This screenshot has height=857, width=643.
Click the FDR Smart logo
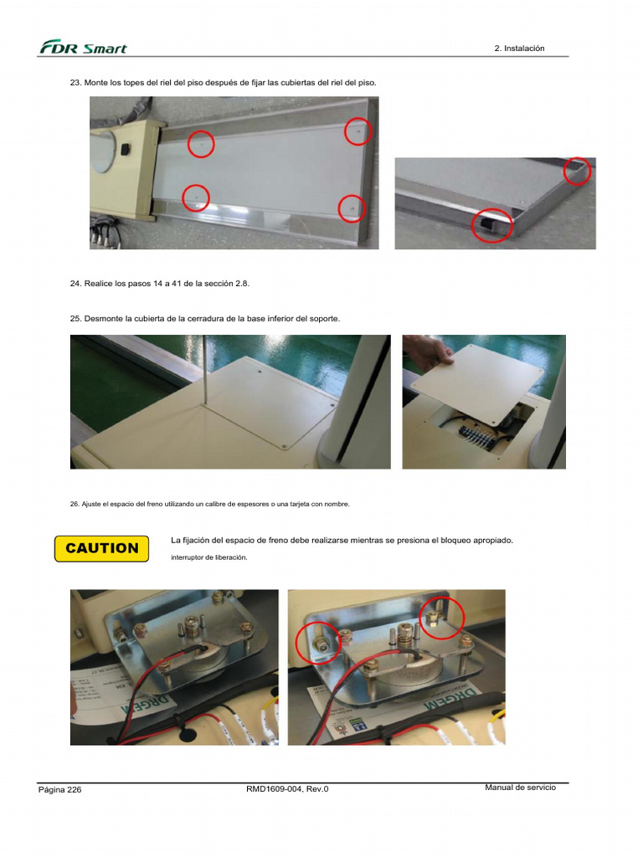click(83, 48)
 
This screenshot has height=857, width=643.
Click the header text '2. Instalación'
click(519, 49)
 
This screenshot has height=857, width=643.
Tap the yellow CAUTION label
click(101, 548)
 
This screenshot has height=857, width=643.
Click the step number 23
click(75, 84)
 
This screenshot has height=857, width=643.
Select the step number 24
click(75, 284)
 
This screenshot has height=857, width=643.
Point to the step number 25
click(75, 319)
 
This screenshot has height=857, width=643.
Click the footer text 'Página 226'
click(59, 790)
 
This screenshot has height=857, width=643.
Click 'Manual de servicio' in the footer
click(520, 788)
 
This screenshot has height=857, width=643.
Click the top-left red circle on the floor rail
click(201, 144)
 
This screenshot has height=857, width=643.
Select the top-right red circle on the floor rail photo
click(358, 131)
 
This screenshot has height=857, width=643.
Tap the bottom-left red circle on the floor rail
click(196, 198)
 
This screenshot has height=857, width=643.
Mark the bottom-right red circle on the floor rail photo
click(352, 208)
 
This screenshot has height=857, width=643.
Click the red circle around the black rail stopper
click(491, 225)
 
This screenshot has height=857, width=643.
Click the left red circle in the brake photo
click(318, 643)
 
